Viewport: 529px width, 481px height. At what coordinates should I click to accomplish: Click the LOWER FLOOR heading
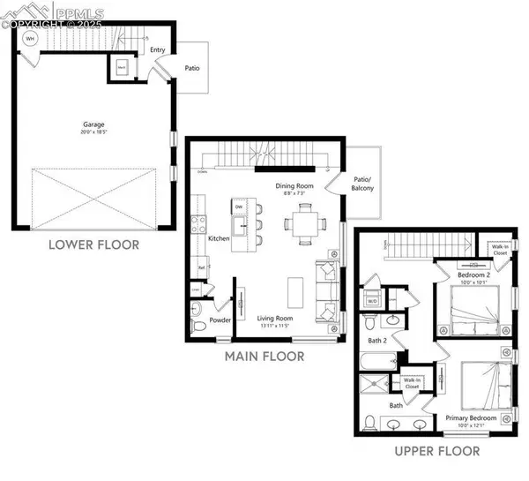click(93, 244)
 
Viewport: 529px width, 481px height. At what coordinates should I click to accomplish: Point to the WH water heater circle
click(31, 40)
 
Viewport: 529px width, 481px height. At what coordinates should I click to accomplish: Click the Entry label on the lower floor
click(159, 50)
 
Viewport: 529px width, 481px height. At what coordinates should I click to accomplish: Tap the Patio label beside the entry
click(191, 66)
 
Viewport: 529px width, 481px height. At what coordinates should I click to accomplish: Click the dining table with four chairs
click(302, 222)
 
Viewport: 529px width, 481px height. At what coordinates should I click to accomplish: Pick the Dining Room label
click(294, 187)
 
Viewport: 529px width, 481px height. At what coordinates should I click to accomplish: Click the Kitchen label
click(219, 239)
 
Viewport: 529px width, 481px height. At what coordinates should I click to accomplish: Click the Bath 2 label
click(377, 340)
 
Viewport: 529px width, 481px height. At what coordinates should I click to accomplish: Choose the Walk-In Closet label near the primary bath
click(412, 384)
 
